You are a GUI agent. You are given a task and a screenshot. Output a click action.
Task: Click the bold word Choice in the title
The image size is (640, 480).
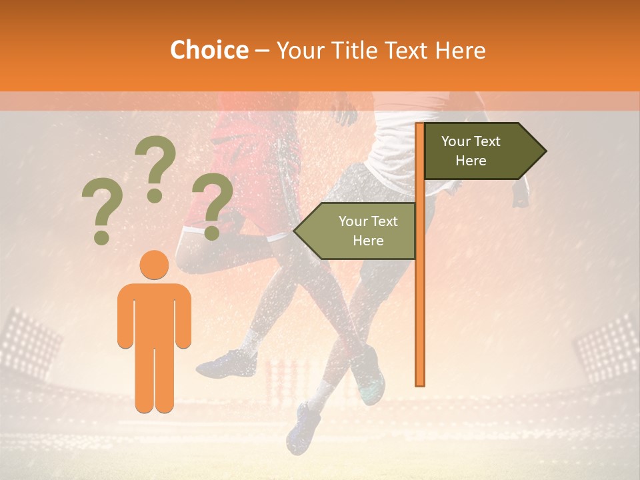[x=209, y=50]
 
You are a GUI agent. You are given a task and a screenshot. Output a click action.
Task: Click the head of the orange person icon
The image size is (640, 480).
[x=155, y=265]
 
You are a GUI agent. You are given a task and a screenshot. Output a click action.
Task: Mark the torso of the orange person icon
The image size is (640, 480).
[x=155, y=313]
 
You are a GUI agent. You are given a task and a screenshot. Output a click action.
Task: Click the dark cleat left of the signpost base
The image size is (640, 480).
[x=227, y=363]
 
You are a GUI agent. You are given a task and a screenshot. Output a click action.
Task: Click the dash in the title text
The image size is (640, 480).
[x=262, y=51]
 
